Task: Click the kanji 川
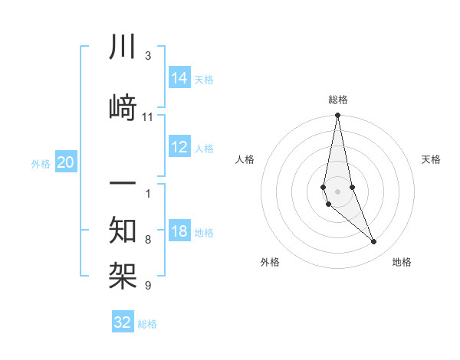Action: [123, 47]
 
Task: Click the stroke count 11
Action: [148, 117]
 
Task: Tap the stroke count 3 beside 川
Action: [148, 56]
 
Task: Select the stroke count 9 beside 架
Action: [148, 286]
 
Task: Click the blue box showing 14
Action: [179, 77]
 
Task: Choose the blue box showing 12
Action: [179, 147]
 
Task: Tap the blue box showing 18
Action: [179, 232]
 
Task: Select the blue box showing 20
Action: [66, 162]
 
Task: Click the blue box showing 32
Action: [123, 322]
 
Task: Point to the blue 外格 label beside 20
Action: [41, 163]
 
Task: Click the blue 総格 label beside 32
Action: [148, 324]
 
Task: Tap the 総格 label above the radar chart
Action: [338, 100]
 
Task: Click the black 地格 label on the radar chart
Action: [402, 262]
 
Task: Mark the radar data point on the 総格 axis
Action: [338, 116]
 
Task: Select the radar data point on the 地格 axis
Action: [374, 242]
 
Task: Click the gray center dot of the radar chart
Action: [338, 191]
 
